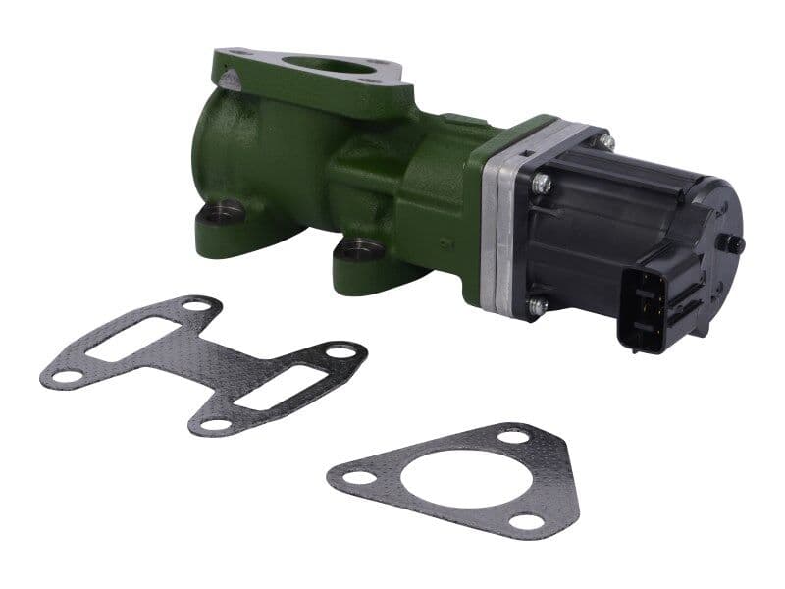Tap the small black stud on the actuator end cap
(731, 242)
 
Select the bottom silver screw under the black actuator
(536, 306)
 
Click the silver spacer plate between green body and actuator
(499, 236)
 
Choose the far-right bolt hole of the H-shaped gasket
(340, 350)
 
